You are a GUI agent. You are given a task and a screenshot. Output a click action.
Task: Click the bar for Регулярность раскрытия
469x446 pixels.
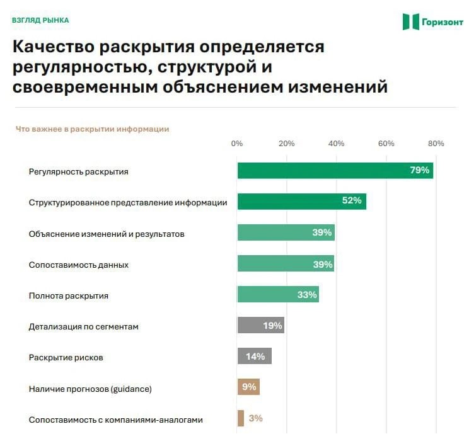335,171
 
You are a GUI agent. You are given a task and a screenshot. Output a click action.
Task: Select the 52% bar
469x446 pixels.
302,202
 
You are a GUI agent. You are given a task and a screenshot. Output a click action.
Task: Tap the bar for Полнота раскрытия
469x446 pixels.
278,294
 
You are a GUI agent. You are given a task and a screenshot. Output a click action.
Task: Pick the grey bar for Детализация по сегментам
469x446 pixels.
261,325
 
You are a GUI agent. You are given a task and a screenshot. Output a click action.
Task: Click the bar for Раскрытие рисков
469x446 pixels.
255,356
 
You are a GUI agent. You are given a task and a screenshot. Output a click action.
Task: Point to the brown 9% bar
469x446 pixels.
248,387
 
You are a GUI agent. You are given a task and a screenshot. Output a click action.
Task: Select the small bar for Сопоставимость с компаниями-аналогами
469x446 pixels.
241,418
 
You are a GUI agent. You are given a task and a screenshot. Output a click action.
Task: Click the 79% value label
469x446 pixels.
419,170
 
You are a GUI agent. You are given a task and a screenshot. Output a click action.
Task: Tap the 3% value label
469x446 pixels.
256,418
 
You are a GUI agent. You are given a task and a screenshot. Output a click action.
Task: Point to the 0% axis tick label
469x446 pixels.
237,144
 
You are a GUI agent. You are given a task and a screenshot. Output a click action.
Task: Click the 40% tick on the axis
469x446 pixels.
336,144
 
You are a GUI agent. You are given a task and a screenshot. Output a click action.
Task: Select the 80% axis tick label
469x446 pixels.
436,144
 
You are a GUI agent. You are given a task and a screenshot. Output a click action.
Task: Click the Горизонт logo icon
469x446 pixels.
410,21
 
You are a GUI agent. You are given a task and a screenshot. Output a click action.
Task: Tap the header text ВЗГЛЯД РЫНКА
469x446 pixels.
40,20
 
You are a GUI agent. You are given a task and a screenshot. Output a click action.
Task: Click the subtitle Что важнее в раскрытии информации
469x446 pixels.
93,129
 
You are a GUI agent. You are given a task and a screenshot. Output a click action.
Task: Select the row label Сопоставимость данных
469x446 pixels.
79,265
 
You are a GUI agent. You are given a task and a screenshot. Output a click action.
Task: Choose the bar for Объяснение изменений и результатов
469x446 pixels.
286,232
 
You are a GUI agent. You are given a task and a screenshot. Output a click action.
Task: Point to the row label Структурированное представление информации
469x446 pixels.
128,203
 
